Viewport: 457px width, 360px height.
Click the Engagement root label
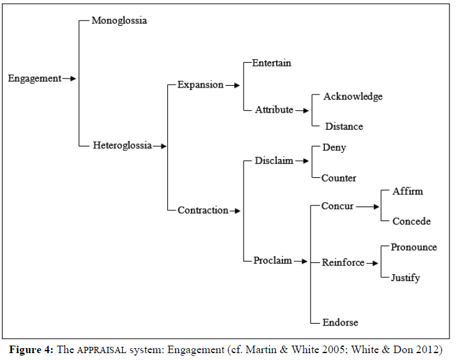pyautogui.click(x=34, y=79)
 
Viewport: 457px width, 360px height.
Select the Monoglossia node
pyautogui.click(x=119, y=21)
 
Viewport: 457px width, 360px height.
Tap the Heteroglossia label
pyautogui.click(x=122, y=145)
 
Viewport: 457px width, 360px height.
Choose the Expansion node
pyautogui.click(x=200, y=85)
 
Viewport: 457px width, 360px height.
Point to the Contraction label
pyautogui.click(x=203, y=210)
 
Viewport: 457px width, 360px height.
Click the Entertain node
pyautogui.click(x=272, y=63)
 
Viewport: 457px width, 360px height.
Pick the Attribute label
pyautogui.click(x=274, y=110)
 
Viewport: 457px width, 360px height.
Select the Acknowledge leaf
pyautogui.click(x=353, y=96)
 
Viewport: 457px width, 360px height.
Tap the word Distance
pyautogui.click(x=344, y=126)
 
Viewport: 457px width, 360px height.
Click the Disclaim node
pyautogui.click(x=274, y=161)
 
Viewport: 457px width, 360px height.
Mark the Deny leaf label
pyautogui.click(x=334, y=148)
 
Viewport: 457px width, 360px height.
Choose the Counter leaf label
pyautogui.click(x=339, y=178)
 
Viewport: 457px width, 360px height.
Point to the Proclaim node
pyautogui.click(x=272, y=260)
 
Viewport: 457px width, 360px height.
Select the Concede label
pyautogui.click(x=411, y=221)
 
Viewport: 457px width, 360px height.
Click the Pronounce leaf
pyautogui.click(x=414, y=247)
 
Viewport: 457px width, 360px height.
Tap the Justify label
pyautogui.click(x=406, y=277)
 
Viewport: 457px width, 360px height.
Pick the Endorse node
pyautogui.click(x=341, y=322)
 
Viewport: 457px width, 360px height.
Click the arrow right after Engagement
pyautogui.click(x=69, y=79)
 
